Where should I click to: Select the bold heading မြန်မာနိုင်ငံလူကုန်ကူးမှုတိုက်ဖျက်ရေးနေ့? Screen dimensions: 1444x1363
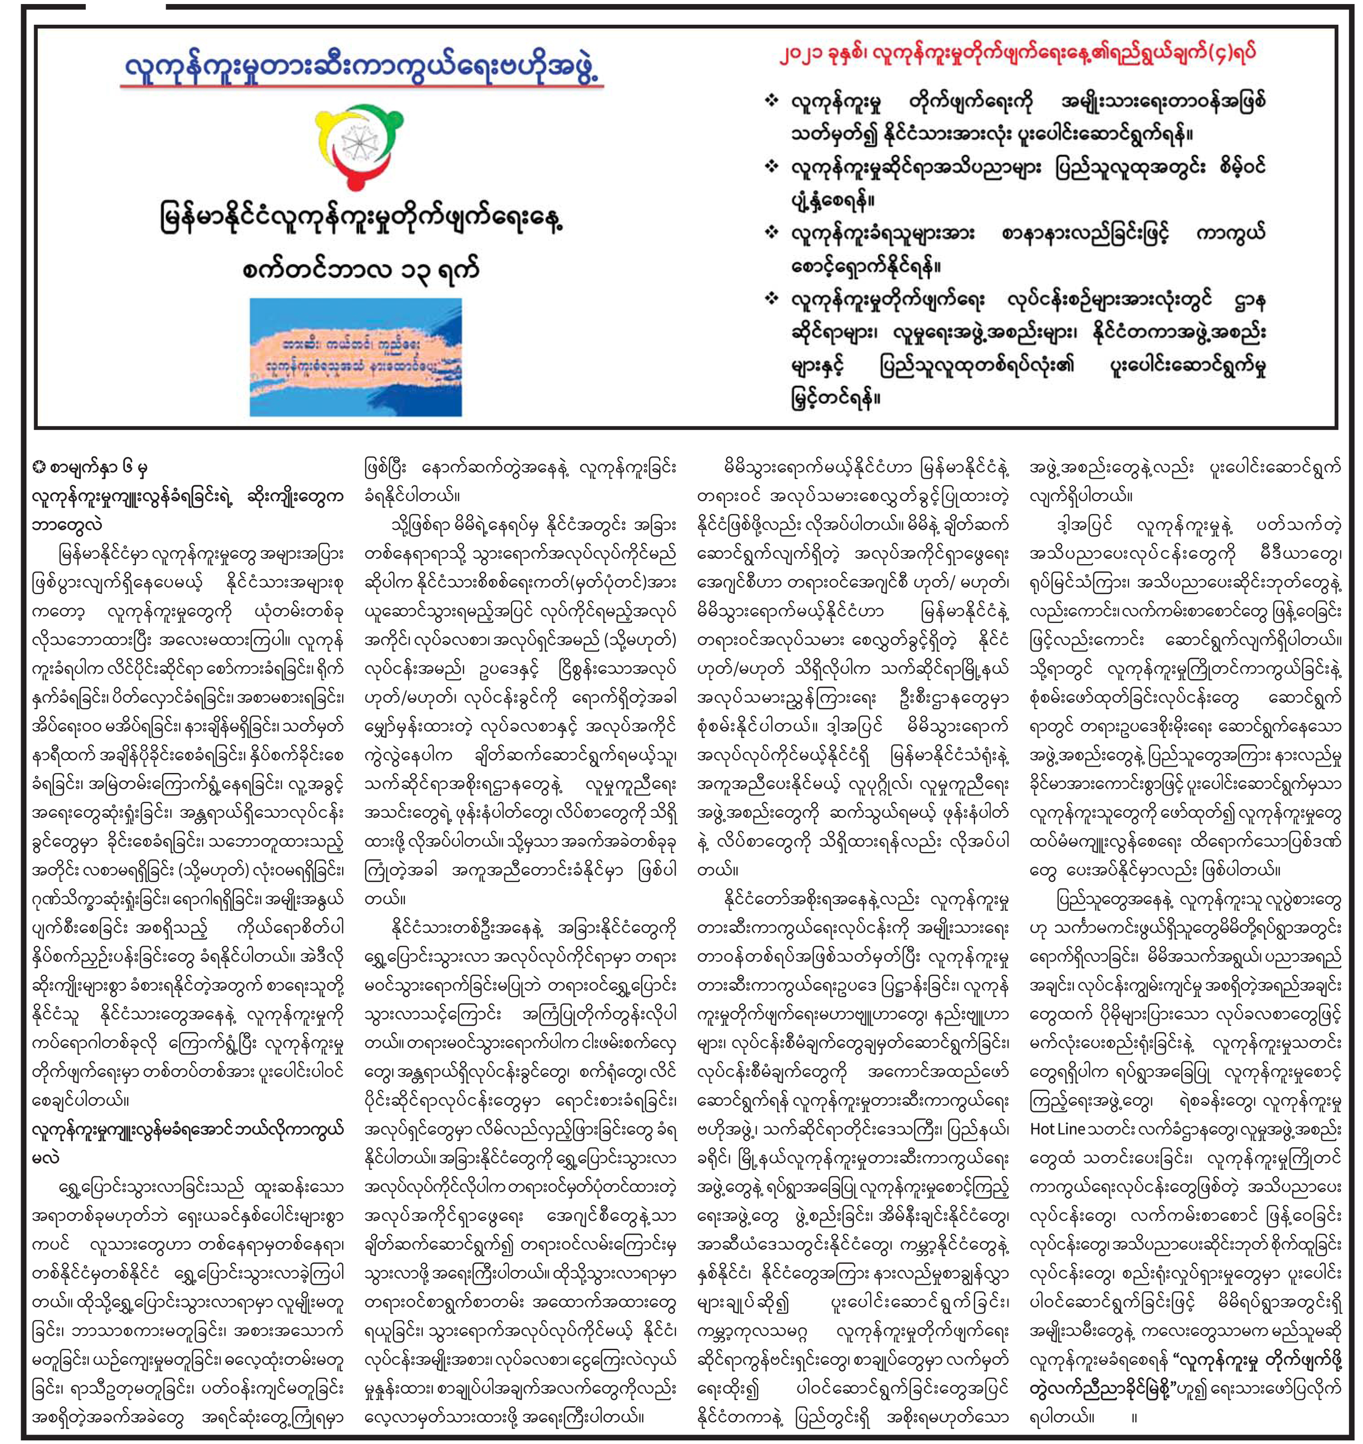[362, 220]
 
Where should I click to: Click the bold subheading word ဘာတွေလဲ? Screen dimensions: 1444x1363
[67, 525]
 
